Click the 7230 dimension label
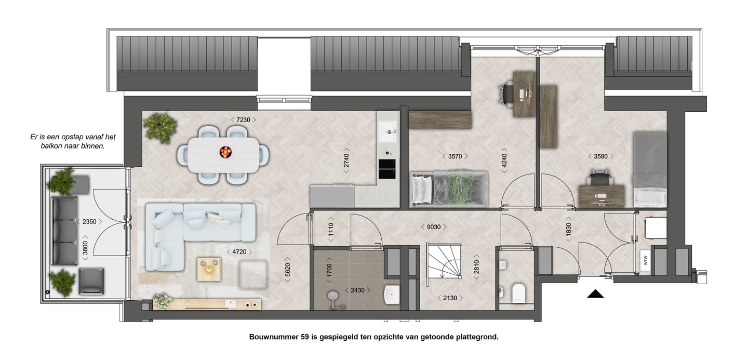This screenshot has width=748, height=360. pos(243,120)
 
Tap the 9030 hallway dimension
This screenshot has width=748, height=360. pos(434,226)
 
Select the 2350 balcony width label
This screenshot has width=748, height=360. pos(89,222)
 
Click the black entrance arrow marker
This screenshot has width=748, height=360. pos(596,294)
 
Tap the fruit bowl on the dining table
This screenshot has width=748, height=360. pos(226,152)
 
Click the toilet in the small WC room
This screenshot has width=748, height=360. pos(519,293)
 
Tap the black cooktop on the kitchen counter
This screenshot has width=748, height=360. pos(387,170)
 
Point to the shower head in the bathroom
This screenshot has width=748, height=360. pos(333,297)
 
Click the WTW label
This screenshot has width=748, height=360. pos(645,260)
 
